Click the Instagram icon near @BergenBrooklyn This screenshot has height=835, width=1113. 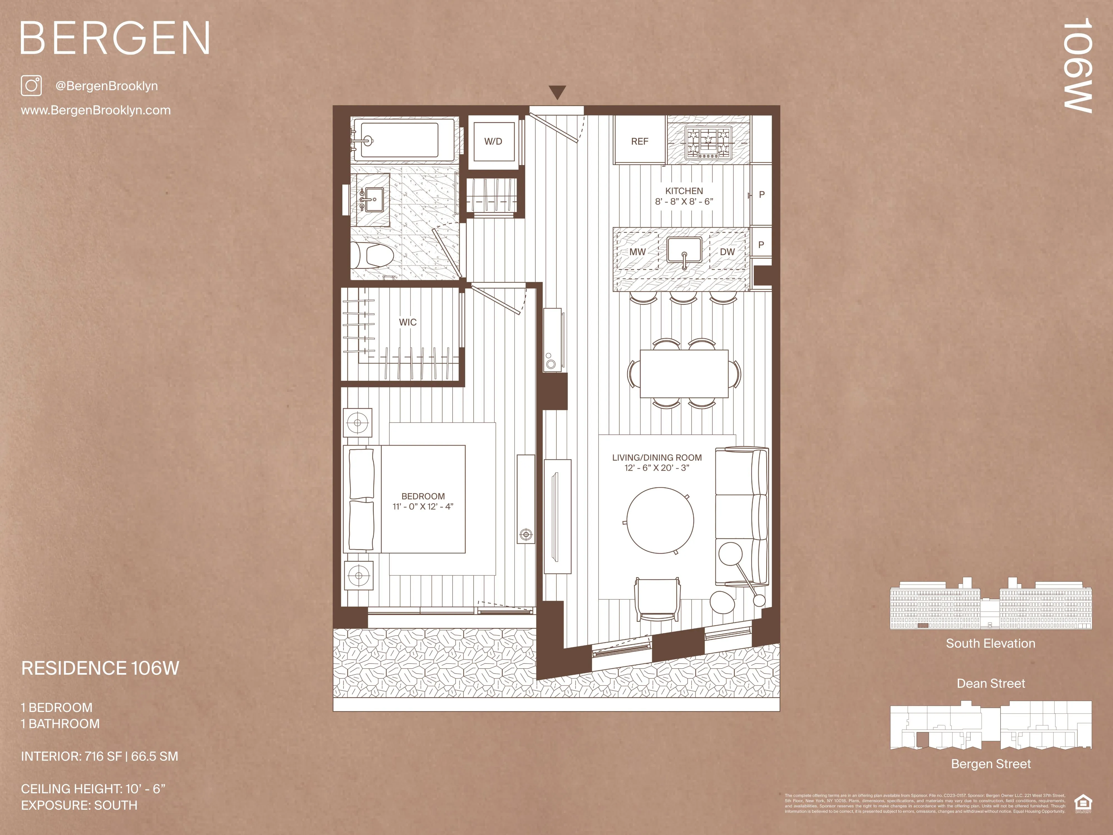(31, 85)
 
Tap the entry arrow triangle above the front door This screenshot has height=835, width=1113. (557, 92)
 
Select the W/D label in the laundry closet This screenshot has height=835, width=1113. (493, 141)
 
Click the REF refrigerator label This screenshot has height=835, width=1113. (640, 141)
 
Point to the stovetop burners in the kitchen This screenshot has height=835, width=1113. (708, 143)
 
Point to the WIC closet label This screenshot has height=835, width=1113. (407, 322)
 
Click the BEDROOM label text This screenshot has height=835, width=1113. (423, 496)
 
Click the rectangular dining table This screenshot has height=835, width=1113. (684, 374)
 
